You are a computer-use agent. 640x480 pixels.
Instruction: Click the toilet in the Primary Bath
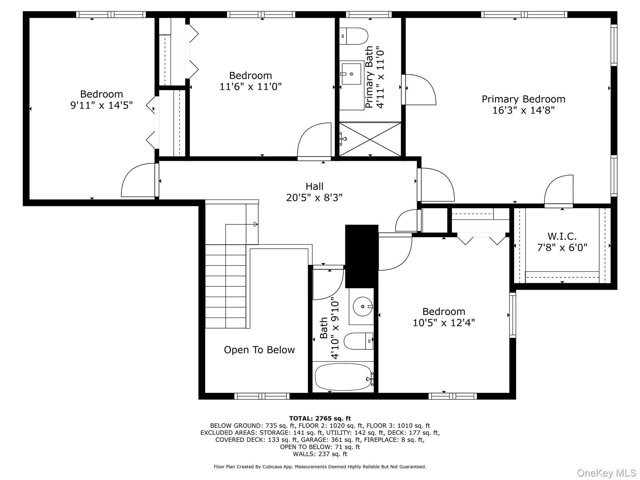point(354,36)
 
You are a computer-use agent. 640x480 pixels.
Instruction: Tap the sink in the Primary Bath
point(351,74)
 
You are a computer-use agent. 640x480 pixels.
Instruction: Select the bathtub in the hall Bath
point(343,377)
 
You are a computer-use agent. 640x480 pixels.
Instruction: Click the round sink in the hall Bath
point(363,307)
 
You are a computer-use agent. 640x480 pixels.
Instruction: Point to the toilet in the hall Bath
point(358,341)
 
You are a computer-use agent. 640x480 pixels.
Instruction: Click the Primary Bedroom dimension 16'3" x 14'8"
point(523,110)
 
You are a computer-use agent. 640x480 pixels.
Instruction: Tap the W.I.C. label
point(562,236)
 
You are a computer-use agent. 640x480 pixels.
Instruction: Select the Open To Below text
point(259,350)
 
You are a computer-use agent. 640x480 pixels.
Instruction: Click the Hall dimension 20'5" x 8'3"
point(314,197)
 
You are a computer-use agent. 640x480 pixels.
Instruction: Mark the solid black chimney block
point(362,256)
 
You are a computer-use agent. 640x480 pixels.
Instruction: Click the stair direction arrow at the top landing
point(255,224)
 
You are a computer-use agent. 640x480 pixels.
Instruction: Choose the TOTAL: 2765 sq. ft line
point(320,418)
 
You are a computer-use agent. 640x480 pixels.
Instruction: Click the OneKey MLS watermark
point(606,473)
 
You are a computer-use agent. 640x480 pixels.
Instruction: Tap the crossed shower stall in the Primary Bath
point(370,139)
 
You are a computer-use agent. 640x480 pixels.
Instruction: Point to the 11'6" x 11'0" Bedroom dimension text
point(250,87)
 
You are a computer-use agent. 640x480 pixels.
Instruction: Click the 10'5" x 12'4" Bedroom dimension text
point(443,322)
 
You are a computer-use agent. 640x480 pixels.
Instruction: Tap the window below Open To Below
point(262,396)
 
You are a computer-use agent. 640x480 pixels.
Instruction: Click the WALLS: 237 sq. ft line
point(320,454)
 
